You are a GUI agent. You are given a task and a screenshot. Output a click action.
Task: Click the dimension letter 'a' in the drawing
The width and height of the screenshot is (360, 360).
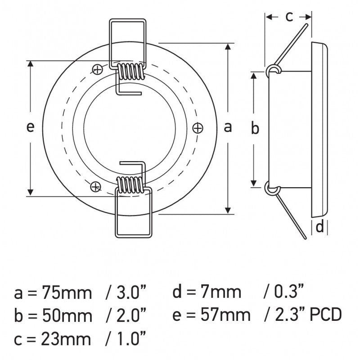pyautogui.click(x=228, y=128)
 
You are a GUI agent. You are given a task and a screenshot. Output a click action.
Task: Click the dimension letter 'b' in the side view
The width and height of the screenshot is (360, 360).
pyautogui.click(x=255, y=129)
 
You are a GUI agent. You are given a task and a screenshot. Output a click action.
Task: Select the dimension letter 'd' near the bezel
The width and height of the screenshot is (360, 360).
pyautogui.click(x=319, y=227)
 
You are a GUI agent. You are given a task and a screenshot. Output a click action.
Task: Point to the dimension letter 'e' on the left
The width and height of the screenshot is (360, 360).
pyautogui.click(x=30, y=128)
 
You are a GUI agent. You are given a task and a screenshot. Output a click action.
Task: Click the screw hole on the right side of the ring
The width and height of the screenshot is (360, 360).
pyautogui.click(x=197, y=128)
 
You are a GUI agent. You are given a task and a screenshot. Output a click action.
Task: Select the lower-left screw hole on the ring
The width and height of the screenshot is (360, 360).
pyautogui.click(x=95, y=186)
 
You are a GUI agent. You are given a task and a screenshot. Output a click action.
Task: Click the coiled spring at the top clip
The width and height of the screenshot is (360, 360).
pyautogui.click(x=130, y=71)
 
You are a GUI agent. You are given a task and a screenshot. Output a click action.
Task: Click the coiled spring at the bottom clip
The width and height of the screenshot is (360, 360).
pyautogui.click(x=130, y=184)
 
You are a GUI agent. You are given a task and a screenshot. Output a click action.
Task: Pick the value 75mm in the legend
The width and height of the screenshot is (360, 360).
pyautogui.click(x=66, y=293)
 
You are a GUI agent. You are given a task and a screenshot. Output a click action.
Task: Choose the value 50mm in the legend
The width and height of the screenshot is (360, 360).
pyautogui.click(x=66, y=315)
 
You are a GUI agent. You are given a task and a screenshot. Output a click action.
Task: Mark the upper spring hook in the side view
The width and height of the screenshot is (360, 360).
pyautogui.click(x=273, y=69)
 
